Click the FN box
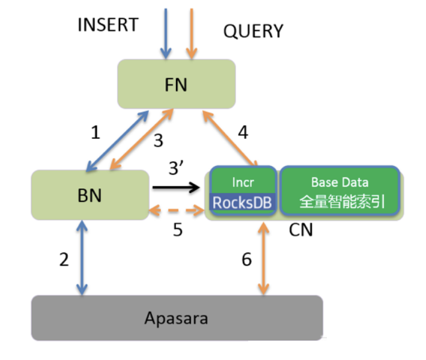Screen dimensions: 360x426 pyautogui.click(x=175, y=84)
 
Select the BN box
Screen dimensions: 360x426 pyautogui.click(x=90, y=194)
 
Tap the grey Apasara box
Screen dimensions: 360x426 pyautogui.click(x=177, y=318)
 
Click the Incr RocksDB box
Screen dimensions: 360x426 pyautogui.click(x=243, y=191)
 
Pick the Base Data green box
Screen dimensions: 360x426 pyautogui.click(x=339, y=191)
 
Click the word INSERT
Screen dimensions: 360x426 pyautogui.click(x=108, y=25)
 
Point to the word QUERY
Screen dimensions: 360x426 pyautogui.click(x=253, y=31)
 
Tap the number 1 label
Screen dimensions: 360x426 pyautogui.click(x=95, y=133)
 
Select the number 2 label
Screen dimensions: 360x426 pyautogui.click(x=64, y=260)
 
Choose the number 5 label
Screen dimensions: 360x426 pyautogui.click(x=178, y=230)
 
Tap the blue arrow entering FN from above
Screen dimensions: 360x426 pyautogui.click(x=164, y=33)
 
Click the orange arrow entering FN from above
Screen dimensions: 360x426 pyautogui.click(x=191, y=33)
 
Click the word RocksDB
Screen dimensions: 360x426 pyautogui.click(x=243, y=203)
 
